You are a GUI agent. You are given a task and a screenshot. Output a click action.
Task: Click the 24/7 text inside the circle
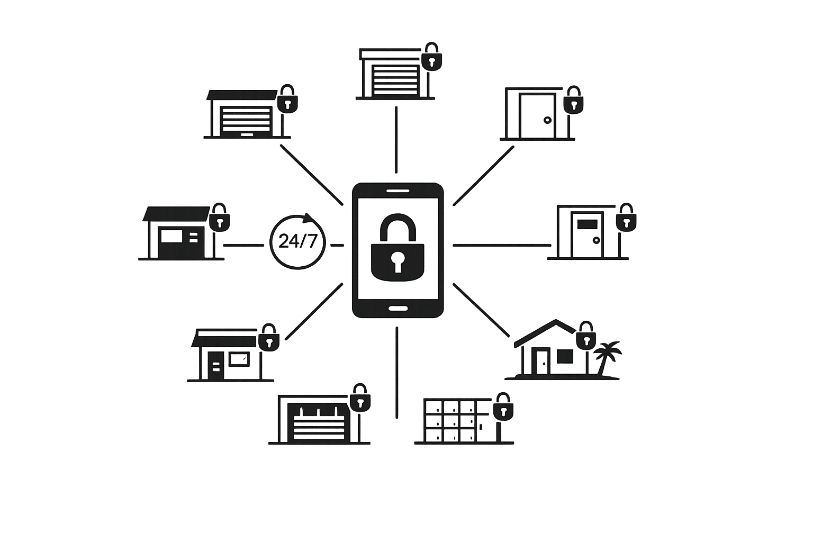point(297,241)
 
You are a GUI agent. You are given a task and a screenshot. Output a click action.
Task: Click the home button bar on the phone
point(398,308)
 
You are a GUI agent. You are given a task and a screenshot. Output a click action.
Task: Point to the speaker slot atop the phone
point(398,191)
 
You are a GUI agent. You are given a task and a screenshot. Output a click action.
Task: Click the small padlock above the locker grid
point(503,408)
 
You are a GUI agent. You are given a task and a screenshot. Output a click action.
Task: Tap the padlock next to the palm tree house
point(586,337)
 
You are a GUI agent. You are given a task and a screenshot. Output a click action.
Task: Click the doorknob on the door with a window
point(597,240)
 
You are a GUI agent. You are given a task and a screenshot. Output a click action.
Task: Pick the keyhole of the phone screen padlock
point(398,261)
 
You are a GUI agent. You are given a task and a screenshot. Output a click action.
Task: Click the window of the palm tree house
point(565,356)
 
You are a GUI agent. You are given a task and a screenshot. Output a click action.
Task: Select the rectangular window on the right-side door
point(586,224)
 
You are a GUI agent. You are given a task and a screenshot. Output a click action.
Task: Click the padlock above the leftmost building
point(219,218)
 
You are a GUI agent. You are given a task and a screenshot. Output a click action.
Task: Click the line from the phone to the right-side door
point(502,245)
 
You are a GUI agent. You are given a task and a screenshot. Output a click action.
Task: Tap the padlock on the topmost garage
point(432,58)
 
